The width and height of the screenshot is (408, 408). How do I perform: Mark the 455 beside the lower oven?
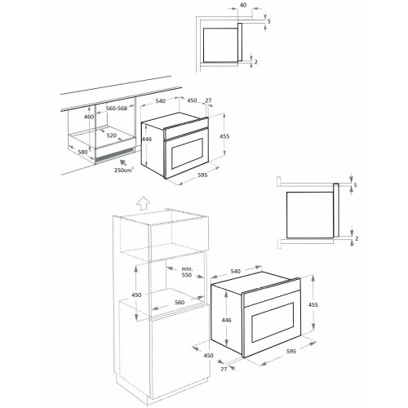pos(314,304)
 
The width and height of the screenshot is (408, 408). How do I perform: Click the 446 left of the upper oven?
pos(147,140)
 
